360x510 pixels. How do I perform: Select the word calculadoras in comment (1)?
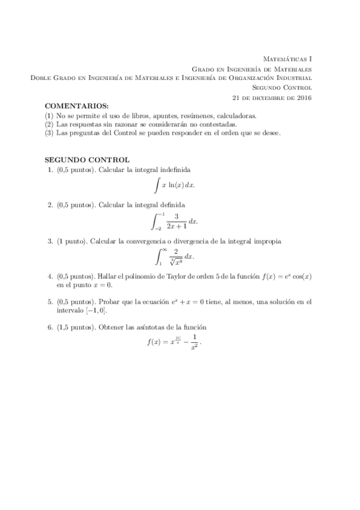(x=221, y=115)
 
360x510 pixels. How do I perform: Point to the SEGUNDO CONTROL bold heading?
(x=87, y=161)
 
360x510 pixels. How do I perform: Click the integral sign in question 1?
(x=156, y=186)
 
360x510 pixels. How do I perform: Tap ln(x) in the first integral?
(x=175, y=186)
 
